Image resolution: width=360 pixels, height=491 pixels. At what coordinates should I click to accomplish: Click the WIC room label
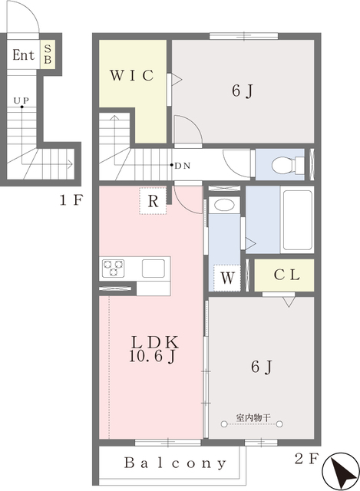(x=132, y=75)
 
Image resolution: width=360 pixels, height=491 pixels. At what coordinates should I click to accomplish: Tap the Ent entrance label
(x=24, y=55)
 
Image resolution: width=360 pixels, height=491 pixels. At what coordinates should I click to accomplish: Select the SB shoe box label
(x=48, y=54)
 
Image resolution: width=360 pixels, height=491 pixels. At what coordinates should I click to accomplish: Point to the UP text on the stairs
(x=21, y=101)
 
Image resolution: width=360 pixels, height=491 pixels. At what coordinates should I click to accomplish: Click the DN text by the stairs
(x=183, y=166)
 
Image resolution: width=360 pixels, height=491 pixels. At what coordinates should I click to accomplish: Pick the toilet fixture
(x=288, y=165)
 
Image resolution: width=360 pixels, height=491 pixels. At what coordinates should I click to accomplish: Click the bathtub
(x=297, y=220)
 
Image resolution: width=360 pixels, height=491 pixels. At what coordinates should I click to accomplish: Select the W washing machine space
(x=227, y=278)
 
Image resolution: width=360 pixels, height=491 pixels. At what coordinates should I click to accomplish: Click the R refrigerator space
(x=153, y=201)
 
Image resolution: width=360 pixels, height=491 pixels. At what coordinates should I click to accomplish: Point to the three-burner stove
(x=113, y=269)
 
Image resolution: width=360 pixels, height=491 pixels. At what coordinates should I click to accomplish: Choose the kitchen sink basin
(x=154, y=269)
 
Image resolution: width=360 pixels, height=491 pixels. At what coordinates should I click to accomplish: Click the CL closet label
(x=286, y=275)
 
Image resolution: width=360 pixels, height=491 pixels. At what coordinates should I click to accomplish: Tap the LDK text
(x=155, y=342)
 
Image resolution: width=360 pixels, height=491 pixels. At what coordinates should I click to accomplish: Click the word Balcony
(x=175, y=463)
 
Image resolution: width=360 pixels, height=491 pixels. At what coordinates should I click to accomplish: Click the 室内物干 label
(x=253, y=417)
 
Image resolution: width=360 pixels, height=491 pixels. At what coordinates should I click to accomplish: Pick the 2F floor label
(x=306, y=459)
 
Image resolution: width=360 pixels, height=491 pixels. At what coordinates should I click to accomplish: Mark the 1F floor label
(x=71, y=200)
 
